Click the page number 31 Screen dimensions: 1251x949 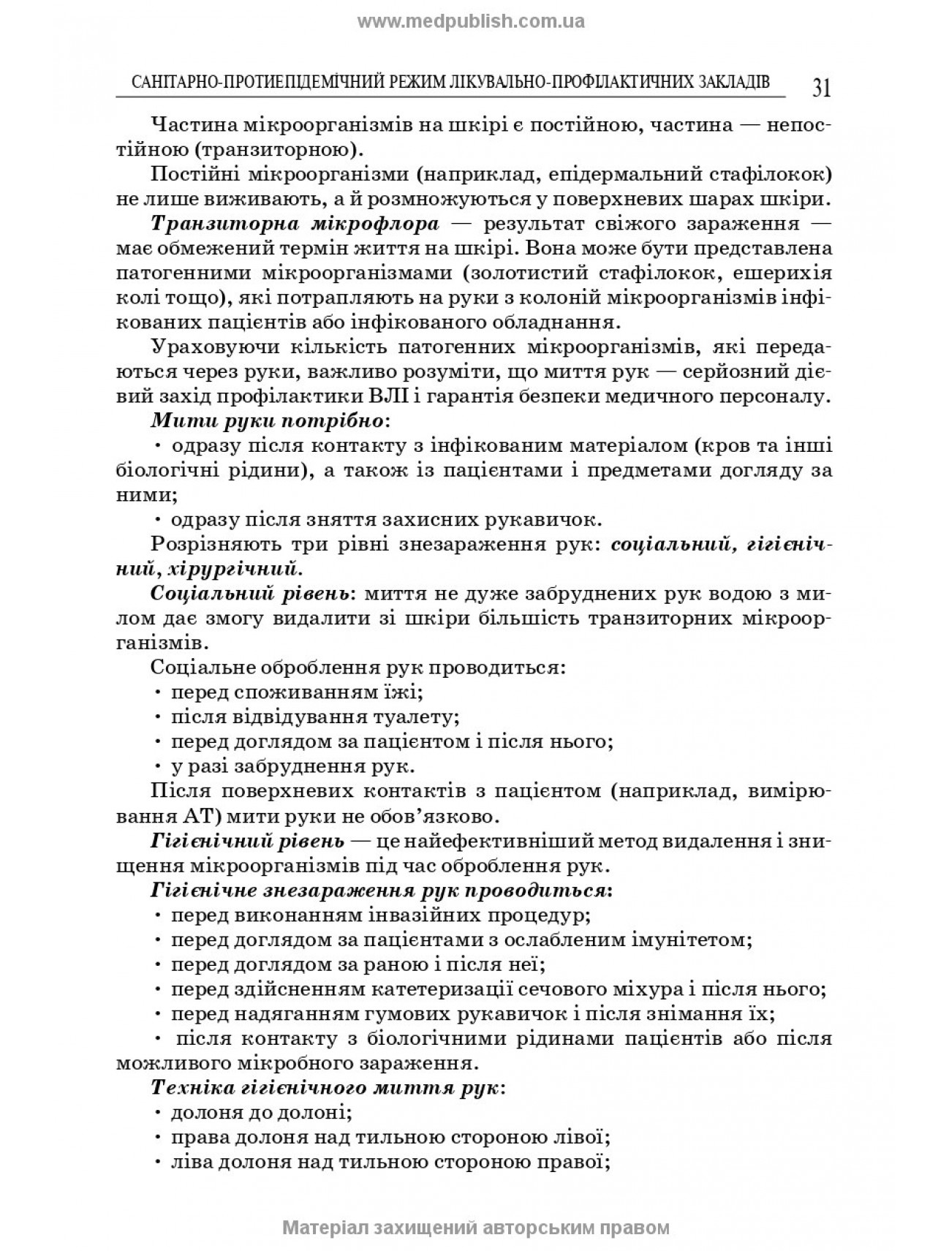pyautogui.click(x=821, y=88)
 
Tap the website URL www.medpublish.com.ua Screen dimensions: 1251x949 pyautogui.click(x=471, y=21)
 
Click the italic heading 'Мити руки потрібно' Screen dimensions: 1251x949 pyautogui.click(x=267, y=421)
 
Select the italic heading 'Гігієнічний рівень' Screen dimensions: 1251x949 pyautogui.click(x=247, y=840)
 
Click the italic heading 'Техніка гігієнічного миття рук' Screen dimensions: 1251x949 pyautogui.click(x=325, y=1087)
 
